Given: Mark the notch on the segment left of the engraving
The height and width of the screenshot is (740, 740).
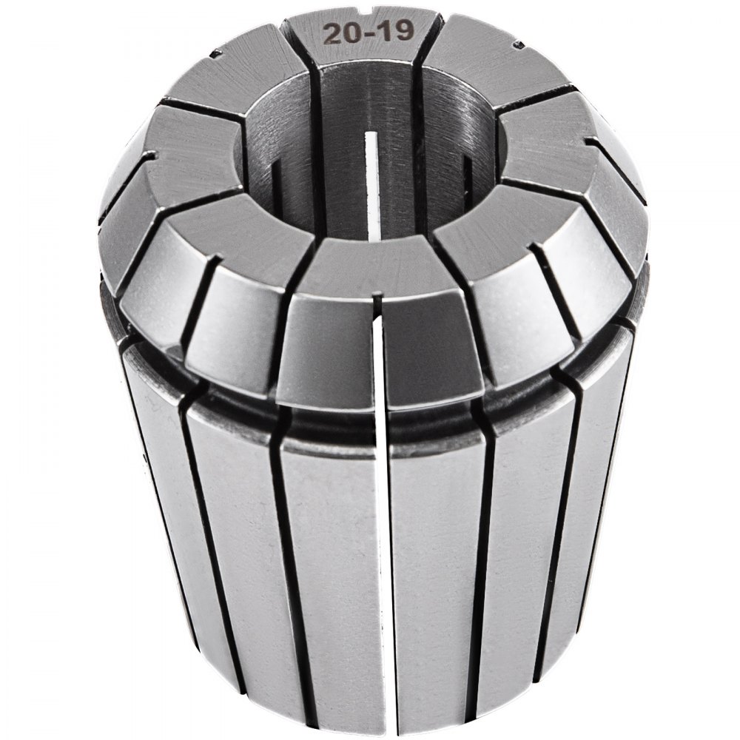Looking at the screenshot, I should tap(216, 53).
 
